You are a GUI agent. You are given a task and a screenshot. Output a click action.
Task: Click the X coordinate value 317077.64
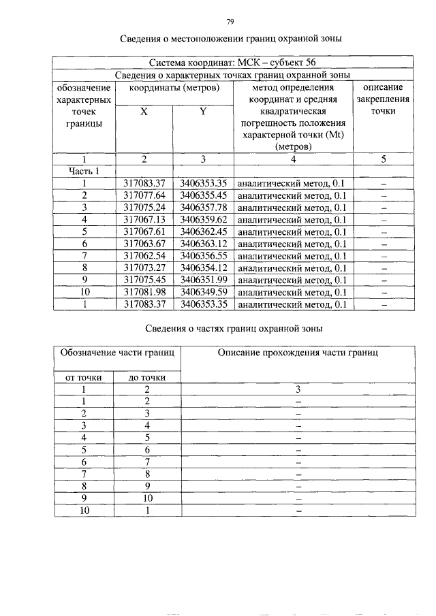144,195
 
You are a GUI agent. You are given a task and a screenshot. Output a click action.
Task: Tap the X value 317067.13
144,220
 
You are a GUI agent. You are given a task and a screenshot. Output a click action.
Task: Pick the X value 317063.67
144,244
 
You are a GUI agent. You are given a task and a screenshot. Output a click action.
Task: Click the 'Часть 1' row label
84,171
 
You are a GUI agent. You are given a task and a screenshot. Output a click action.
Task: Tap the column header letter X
144,112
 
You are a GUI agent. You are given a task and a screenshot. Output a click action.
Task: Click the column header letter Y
203,112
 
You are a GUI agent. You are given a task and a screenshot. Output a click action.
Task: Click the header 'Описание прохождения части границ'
298,353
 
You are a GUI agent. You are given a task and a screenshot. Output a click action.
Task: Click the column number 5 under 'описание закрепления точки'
383,159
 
